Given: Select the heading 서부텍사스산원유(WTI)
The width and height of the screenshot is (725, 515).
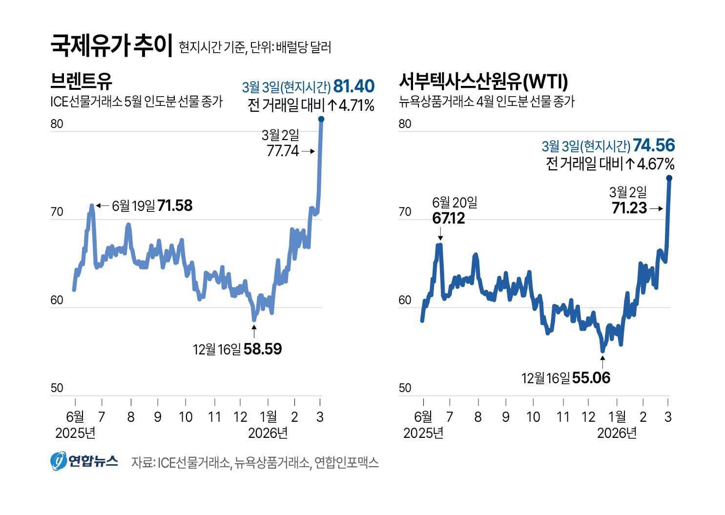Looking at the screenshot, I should pyautogui.click(x=483, y=82).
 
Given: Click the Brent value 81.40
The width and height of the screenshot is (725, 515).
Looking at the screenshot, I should pyautogui.click(x=354, y=86).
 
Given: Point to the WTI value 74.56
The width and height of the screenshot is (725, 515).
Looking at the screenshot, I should pyautogui.click(x=654, y=145).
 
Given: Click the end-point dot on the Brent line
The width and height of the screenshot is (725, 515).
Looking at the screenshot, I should pyautogui.click(x=321, y=119).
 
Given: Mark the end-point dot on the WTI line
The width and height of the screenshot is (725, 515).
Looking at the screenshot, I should pyautogui.click(x=669, y=178).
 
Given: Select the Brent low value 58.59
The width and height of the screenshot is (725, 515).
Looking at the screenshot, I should pyautogui.click(x=263, y=349).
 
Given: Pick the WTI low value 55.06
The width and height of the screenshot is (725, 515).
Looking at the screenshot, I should pyautogui.click(x=591, y=378).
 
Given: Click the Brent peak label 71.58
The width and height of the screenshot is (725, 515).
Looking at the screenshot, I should pyautogui.click(x=175, y=206).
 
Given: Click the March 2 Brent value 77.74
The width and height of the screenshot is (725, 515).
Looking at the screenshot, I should pyautogui.click(x=283, y=151).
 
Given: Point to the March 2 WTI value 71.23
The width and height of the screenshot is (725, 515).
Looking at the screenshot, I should pyautogui.click(x=629, y=208).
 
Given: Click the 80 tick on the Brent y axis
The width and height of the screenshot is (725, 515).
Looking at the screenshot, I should pyautogui.click(x=57, y=124).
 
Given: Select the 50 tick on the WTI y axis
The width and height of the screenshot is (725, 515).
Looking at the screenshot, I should pyautogui.click(x=405, y=389).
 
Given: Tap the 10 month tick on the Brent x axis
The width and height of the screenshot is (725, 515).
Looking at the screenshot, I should pyautogui.click(x=186, y=417).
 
